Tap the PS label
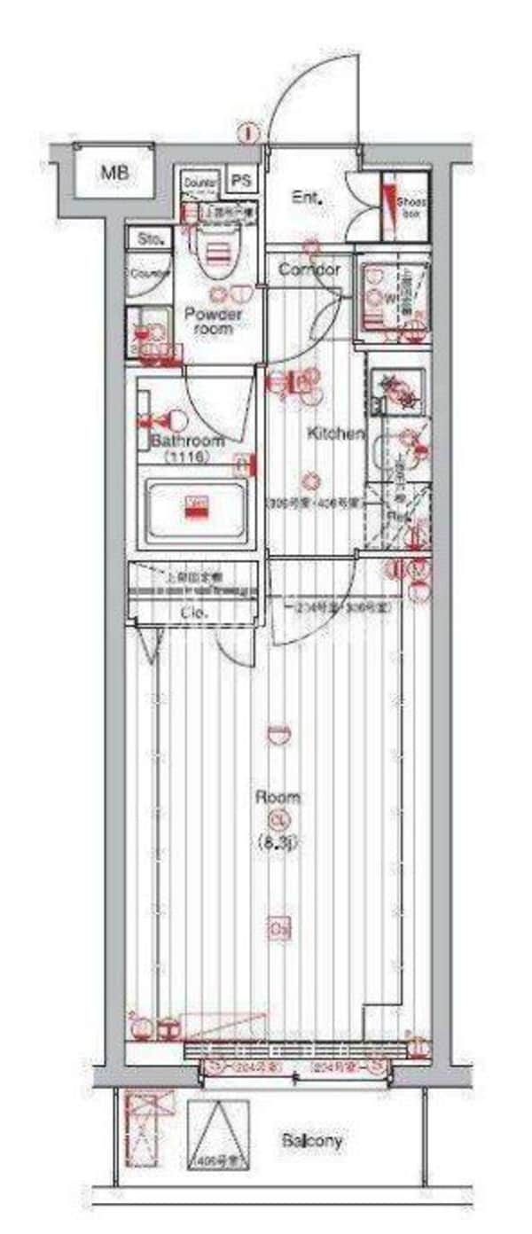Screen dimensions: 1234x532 pos(241,181)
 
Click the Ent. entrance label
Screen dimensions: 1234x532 pos(306,199)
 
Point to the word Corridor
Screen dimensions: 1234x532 pos(310,269)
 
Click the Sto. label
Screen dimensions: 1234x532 pos(147,238)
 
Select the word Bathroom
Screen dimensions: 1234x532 pos(187,441)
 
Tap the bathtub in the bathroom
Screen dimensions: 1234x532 pos(196,510)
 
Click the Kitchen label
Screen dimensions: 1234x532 pos(336,434)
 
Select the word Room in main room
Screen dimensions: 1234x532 pos(278,797)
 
